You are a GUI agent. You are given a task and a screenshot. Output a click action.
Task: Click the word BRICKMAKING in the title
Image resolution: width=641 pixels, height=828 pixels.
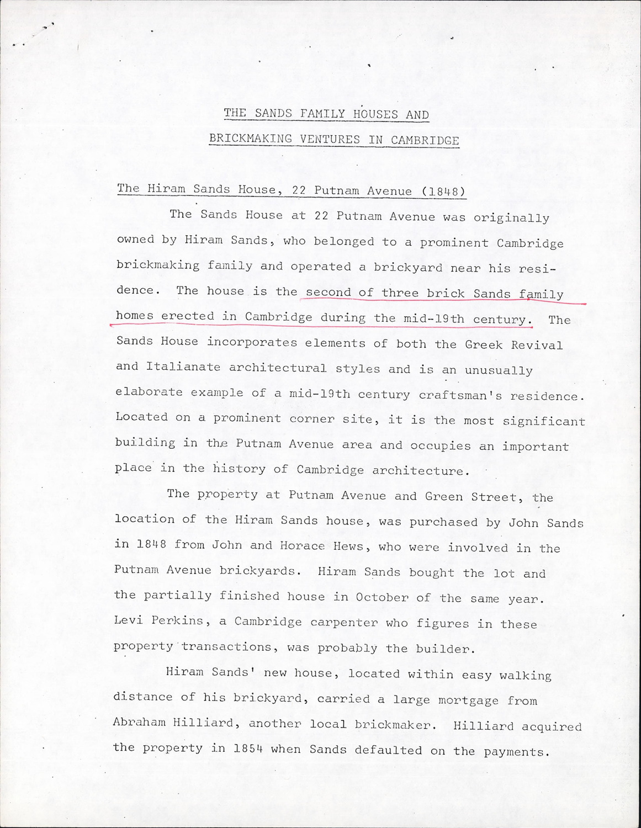pyautogui.click(x=251, y=138)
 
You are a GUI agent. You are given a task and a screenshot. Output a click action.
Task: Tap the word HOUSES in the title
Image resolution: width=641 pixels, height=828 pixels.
pyautogui.click(x=368, y=114)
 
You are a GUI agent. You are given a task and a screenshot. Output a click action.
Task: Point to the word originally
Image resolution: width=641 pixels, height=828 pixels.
pyautogui.click(x=511, y=218)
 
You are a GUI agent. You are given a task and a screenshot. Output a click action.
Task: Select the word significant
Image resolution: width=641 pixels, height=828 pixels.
pyautogui.click(x=544, y=421)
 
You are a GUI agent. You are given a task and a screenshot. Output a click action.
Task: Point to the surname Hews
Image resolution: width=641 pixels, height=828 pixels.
pyautogui.click(x=348, y=546)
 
